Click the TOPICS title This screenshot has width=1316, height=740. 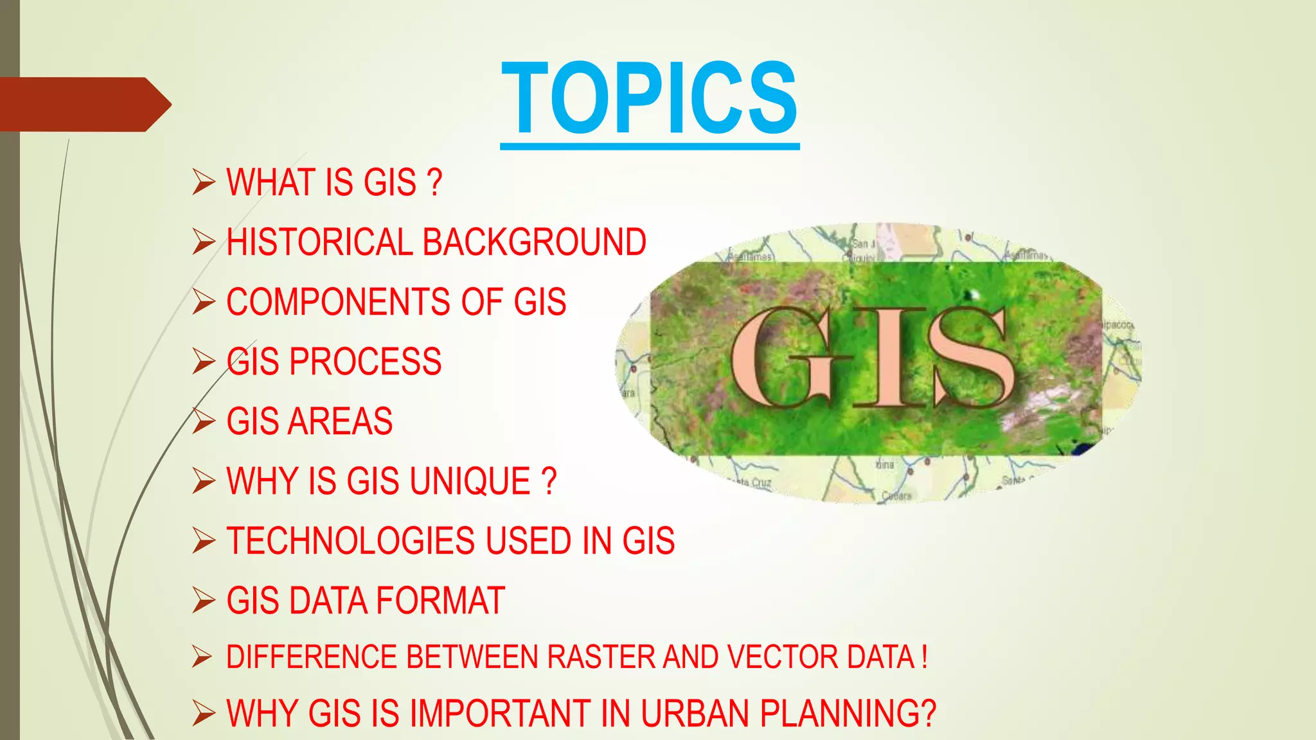click(650, 98)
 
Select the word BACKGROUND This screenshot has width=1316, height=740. click(534, 242)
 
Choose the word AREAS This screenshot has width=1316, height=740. click(340, 421)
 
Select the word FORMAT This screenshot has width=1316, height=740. click(440, 601)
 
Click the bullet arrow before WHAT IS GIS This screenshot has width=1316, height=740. click(203, 182)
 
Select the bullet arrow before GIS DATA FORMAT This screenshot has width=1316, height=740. click(203, 601)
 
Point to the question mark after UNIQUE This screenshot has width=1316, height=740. click(548, 481)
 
